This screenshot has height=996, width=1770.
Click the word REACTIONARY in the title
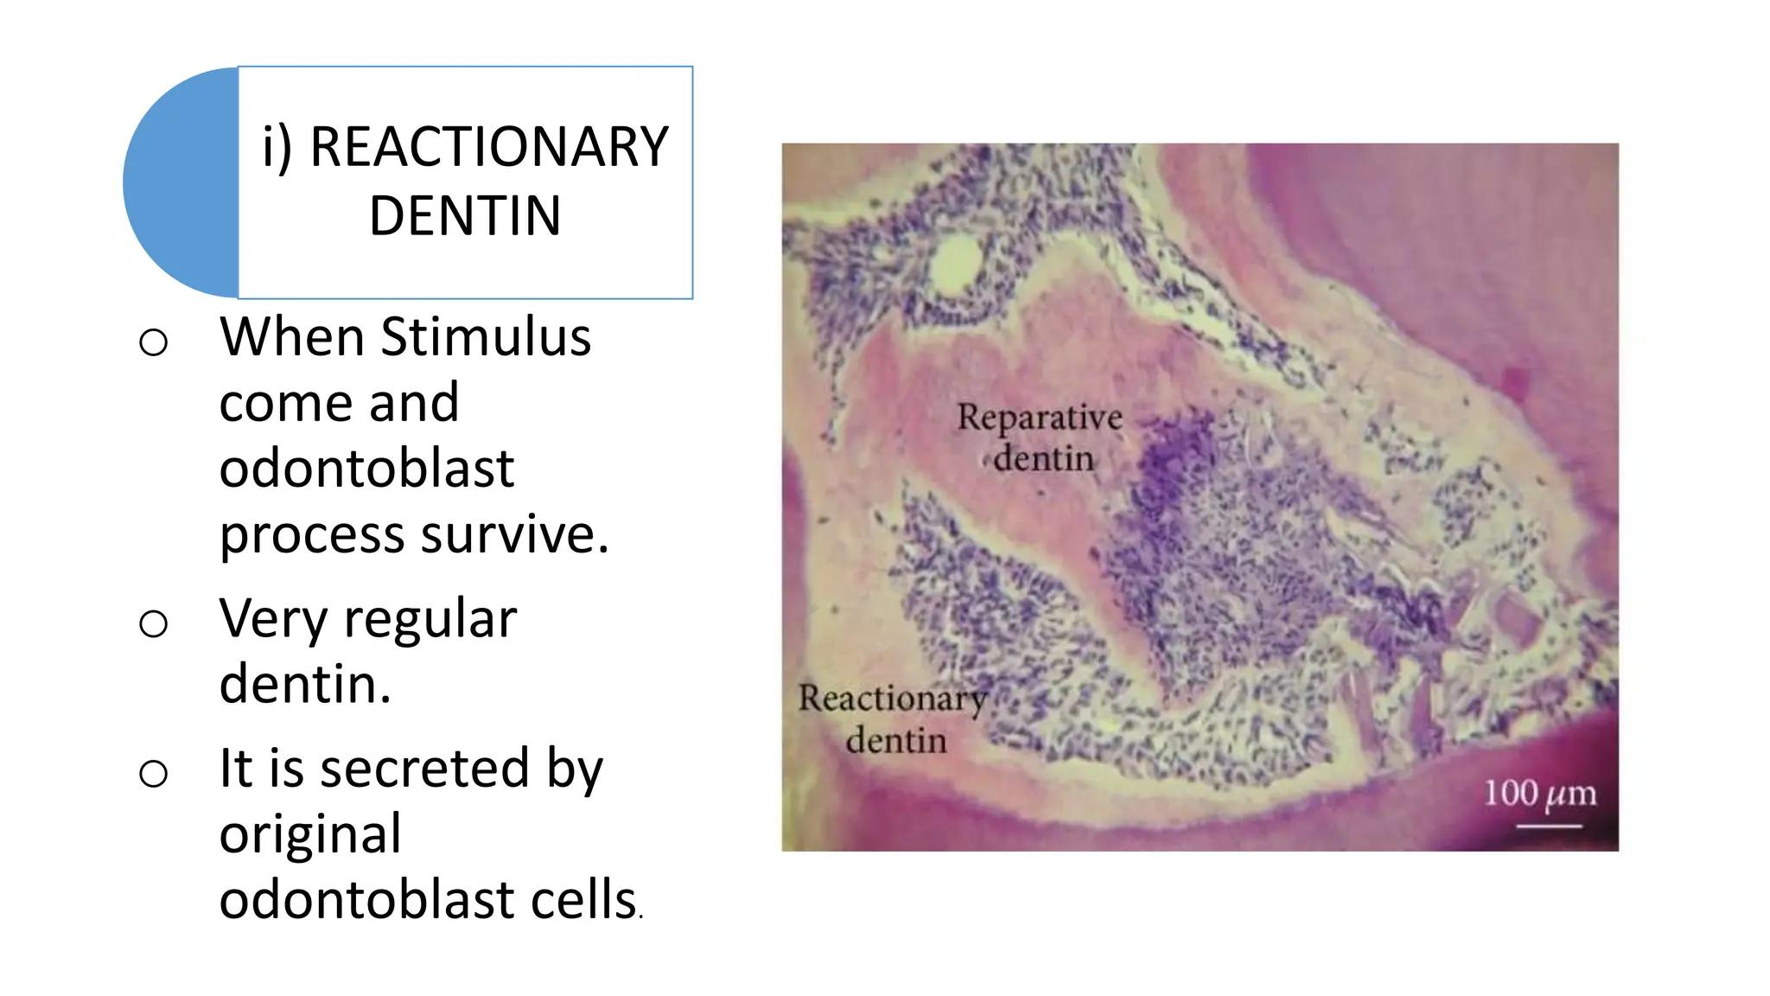(489, 147)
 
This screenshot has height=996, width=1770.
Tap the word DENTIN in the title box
(465, 215)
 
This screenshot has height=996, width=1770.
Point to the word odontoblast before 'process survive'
(366, 469)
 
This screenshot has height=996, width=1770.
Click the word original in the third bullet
(310, 833)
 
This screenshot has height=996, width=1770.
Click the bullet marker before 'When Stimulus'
(153, 342)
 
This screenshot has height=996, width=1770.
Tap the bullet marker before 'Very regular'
(153, 623)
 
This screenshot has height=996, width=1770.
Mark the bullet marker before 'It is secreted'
(153, 773)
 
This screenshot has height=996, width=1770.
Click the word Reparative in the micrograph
(1040, 418)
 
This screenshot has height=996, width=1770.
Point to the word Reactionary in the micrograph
(892, 699)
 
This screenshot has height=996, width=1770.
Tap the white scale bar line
(1549, 827)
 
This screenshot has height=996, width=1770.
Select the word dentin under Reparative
(1043, 458)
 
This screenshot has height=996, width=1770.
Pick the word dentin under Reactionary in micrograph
(896, 741)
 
